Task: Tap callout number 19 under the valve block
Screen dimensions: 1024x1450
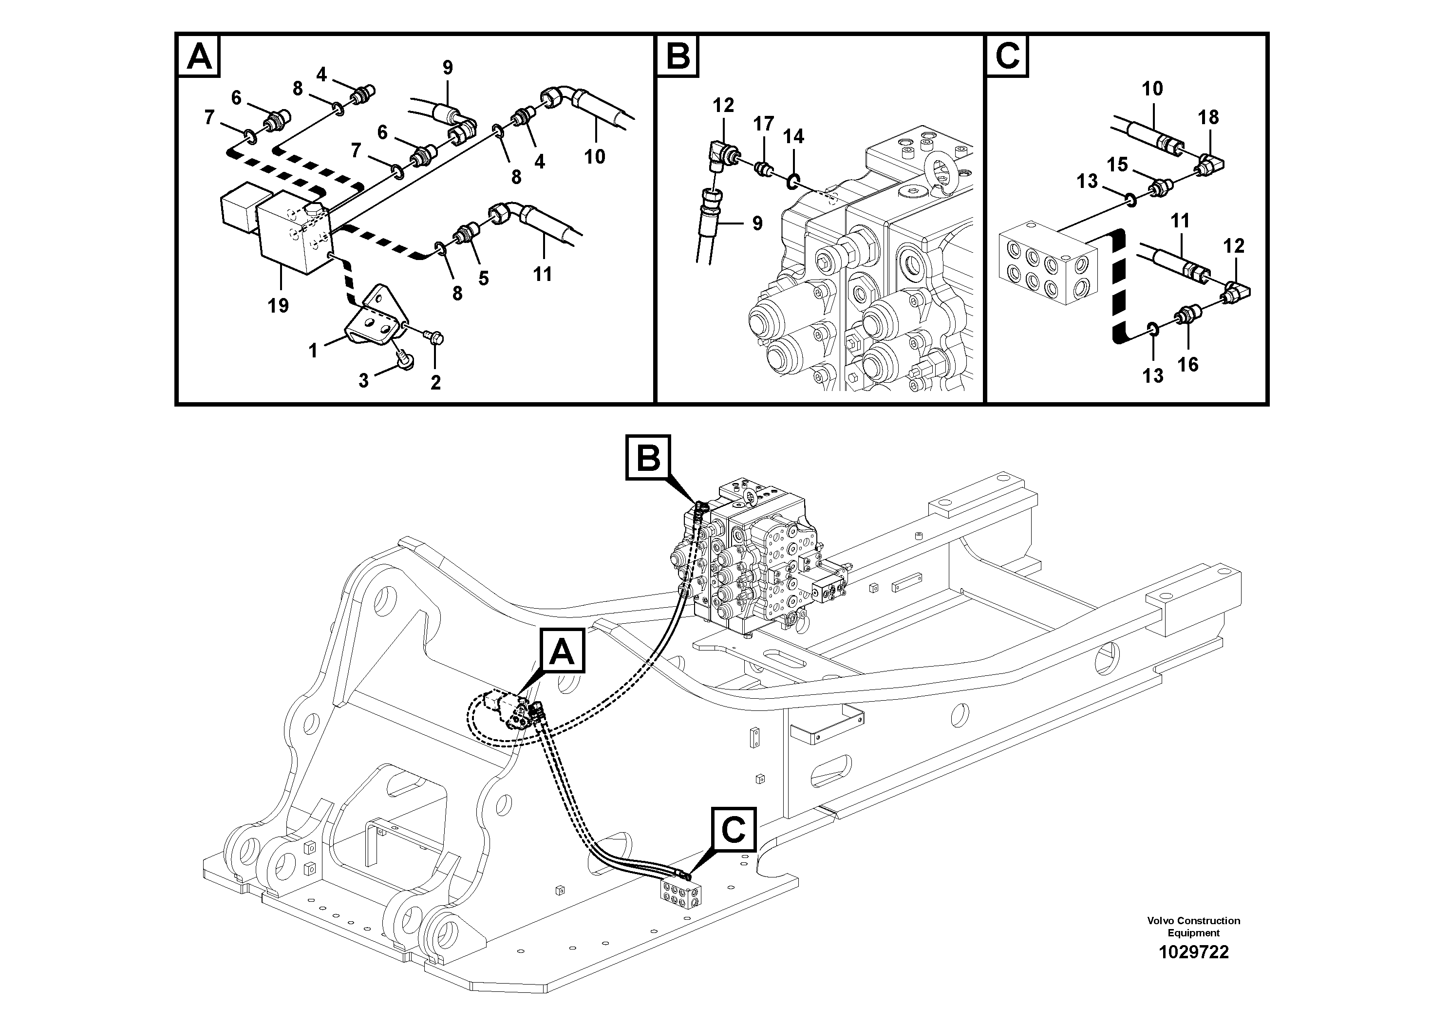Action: coord(278,306)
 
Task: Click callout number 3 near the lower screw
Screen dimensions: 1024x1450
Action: coord(363,381)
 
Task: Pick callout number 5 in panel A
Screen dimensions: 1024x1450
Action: coord(483,279)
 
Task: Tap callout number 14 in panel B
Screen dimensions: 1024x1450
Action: coord(793,136)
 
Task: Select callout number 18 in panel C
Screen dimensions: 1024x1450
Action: coord(1207,117)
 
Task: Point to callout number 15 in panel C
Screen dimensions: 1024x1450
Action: coord(1117,165)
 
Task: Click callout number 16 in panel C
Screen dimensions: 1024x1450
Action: coord(1188,364)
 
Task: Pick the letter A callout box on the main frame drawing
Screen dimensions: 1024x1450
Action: coord(562,652)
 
